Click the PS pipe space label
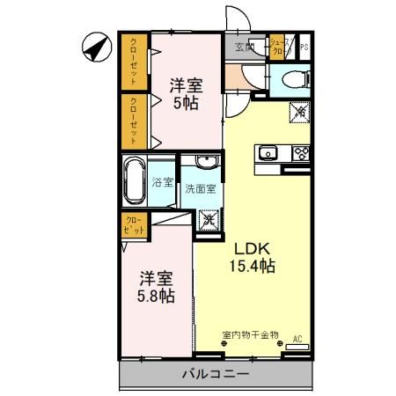tap(304, 48)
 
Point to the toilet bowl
tap(290, 80)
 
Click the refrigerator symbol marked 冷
tap(301, 112)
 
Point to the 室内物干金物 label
tap(250, 334)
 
